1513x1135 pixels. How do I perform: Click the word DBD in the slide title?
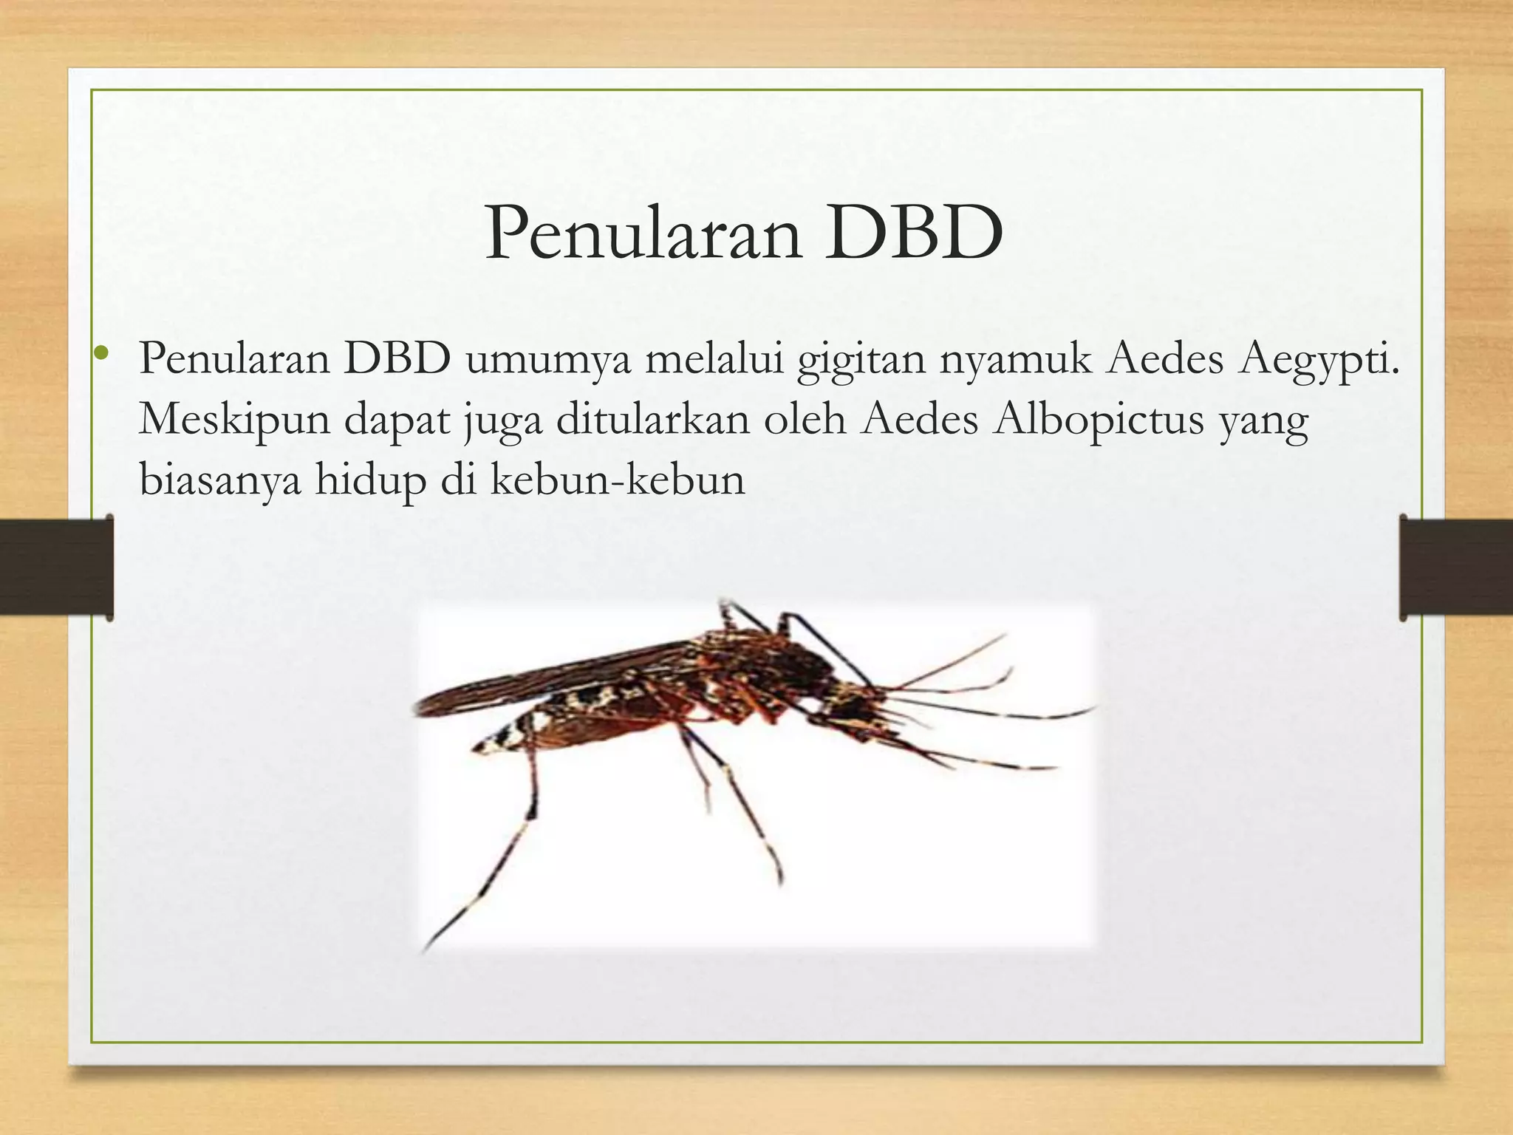coord(914,233)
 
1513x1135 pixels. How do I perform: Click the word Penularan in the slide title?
coord(643,233)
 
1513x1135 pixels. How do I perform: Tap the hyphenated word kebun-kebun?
coord(618,480)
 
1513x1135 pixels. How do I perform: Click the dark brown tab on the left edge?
coord(56,567)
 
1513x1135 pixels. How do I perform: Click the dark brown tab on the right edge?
coord(1455,567)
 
